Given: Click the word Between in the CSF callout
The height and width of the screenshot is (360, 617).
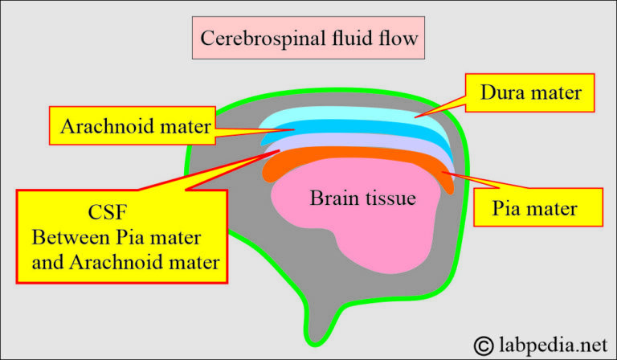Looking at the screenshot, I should click(67, 239).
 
